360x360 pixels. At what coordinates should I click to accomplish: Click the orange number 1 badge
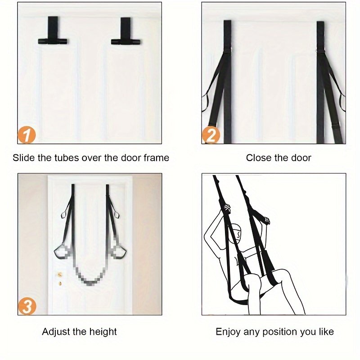coord(27,135)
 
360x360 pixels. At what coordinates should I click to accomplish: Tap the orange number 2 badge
coord(211,135)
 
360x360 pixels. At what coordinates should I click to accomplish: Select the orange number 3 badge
coord(27,306)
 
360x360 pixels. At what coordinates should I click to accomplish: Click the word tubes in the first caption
coord(66,158)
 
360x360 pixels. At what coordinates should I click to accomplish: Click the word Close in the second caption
coord(259,158)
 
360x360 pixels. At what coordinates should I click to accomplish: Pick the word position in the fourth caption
coord(280,332)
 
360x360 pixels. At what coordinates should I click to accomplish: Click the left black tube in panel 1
coord(53,41)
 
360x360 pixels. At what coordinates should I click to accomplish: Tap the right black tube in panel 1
coord(126,42)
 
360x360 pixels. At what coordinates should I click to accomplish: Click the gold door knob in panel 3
coord(60,274)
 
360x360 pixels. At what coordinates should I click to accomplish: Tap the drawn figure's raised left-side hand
coord(226,208)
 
